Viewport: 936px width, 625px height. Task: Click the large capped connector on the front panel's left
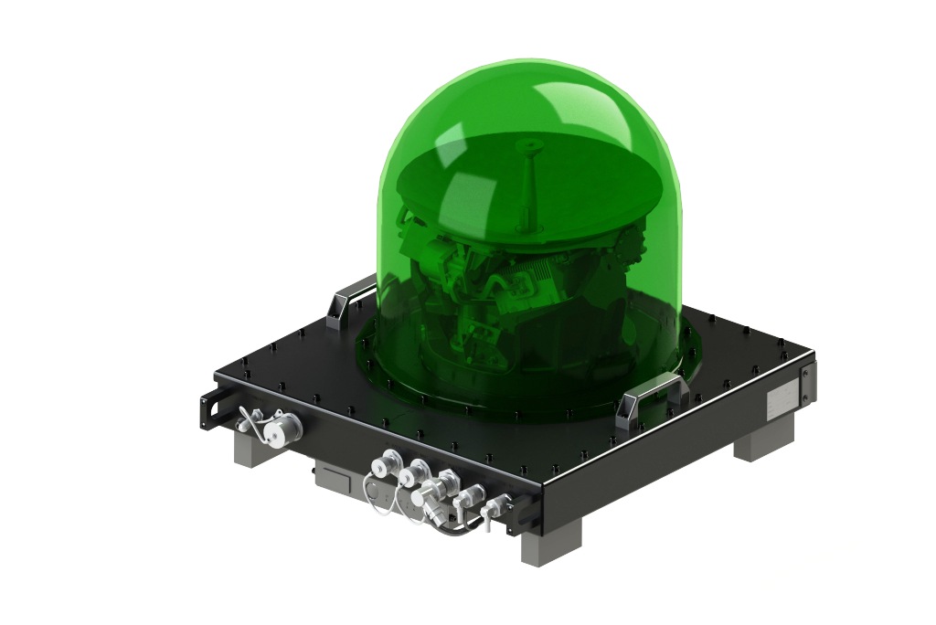coord(284,426)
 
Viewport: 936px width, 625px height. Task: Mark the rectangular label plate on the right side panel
coord(781,399)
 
